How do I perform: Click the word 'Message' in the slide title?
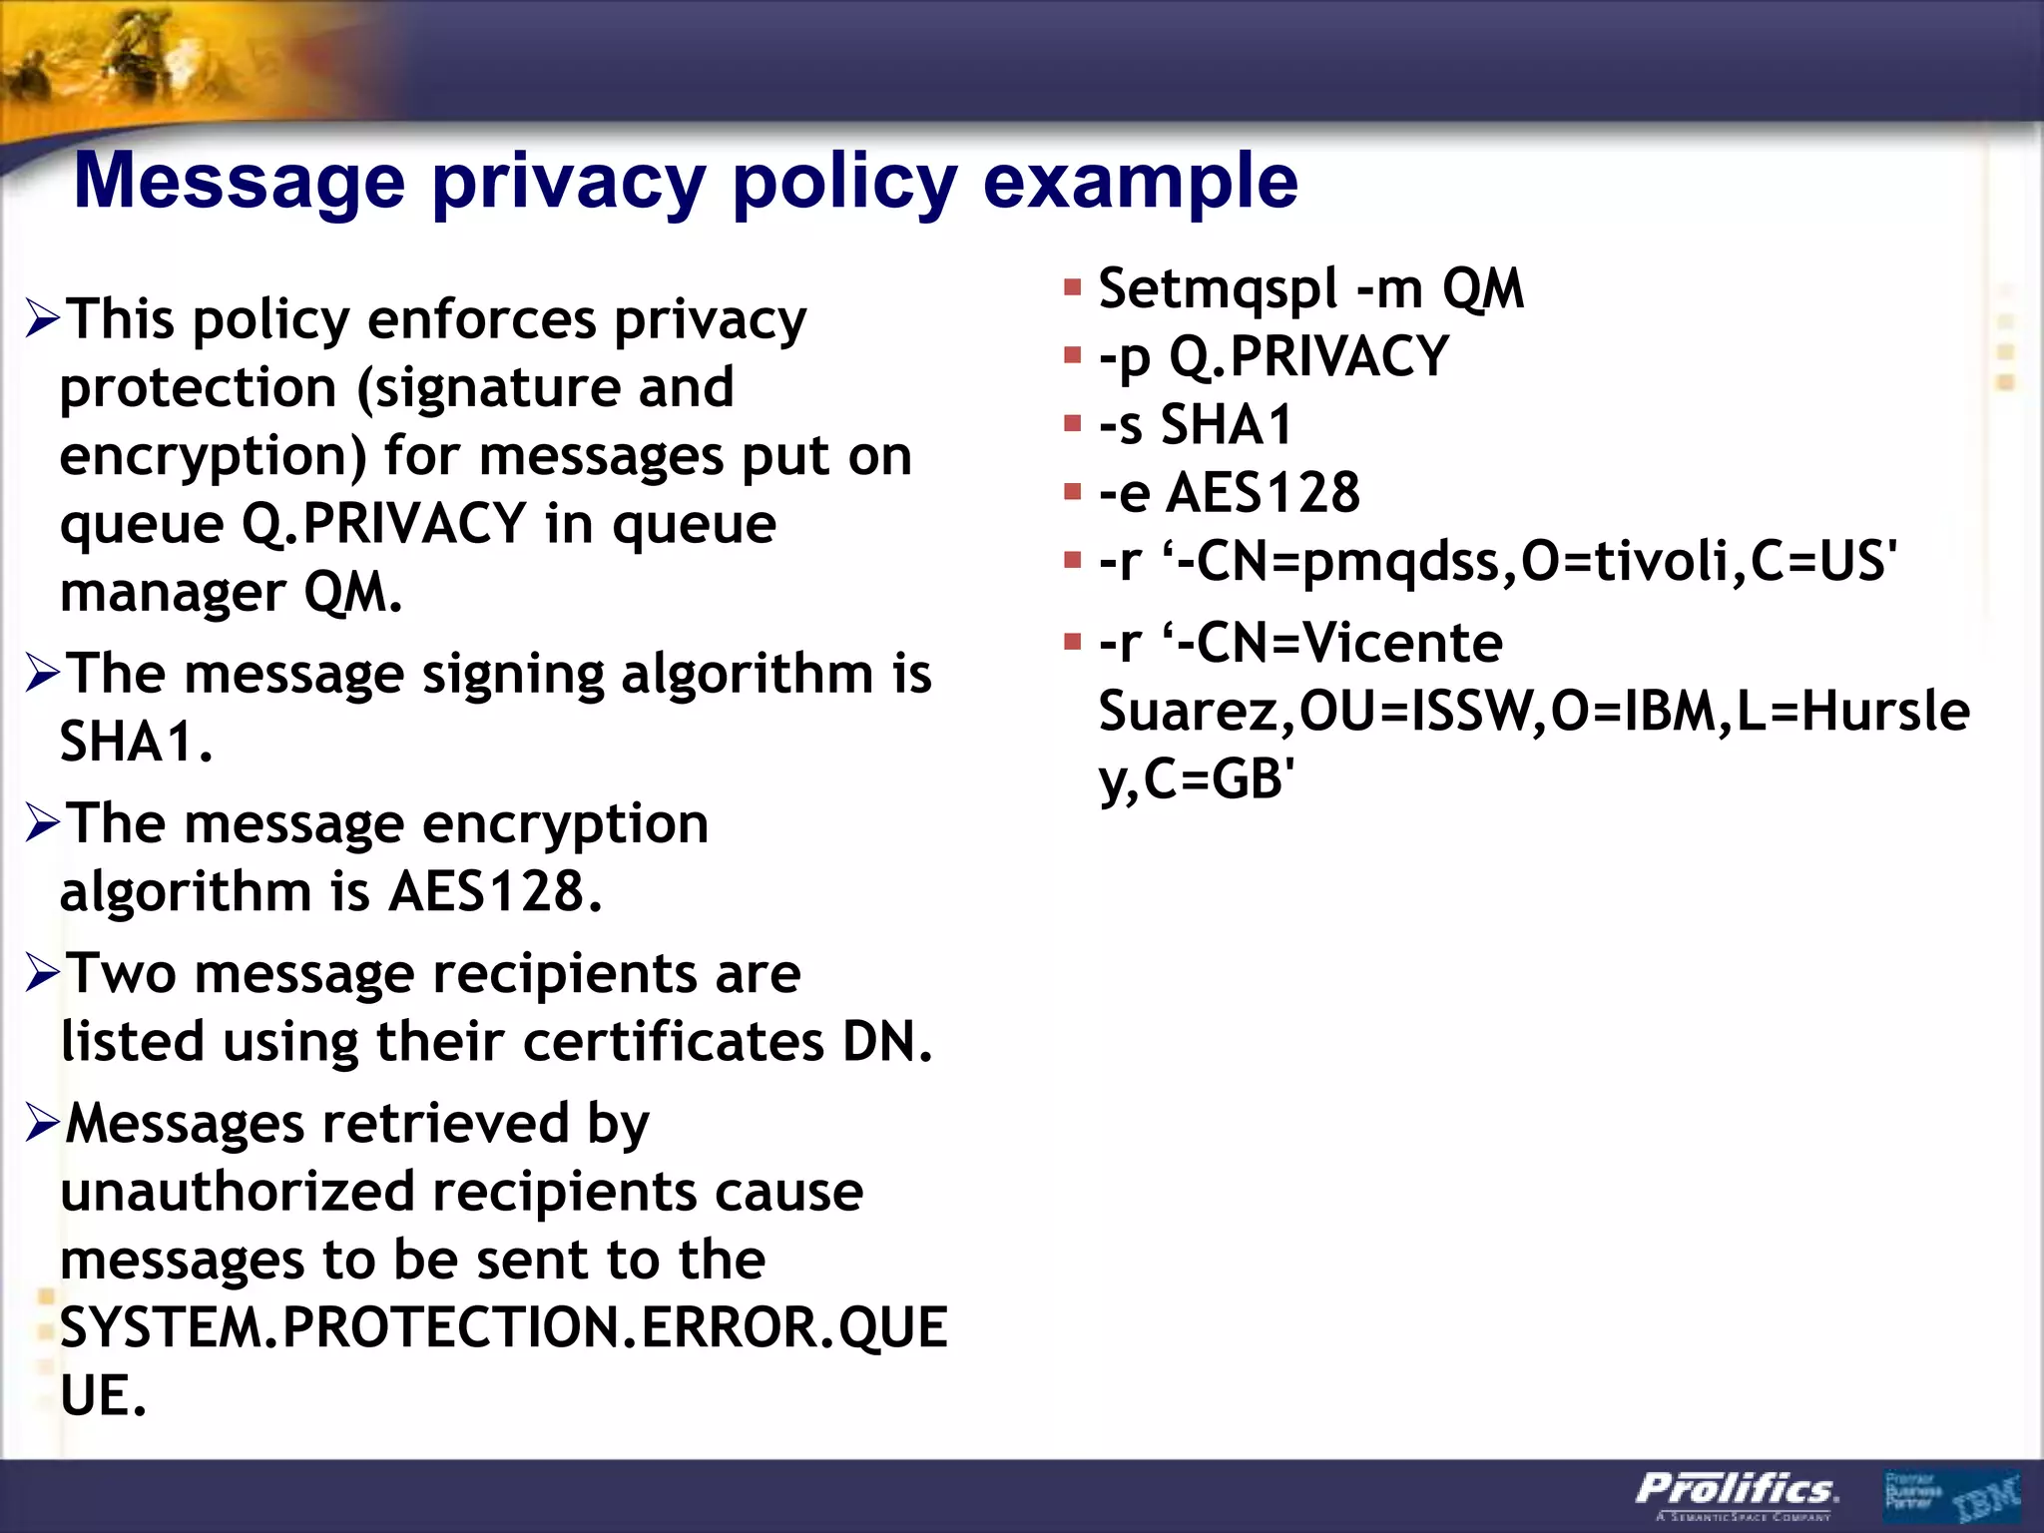pyautogui.click(x=240, y=182)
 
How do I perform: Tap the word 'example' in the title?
pyautogui.click(x=1140, y=182)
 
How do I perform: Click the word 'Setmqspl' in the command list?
pyautogui.click(x=1218, y=289)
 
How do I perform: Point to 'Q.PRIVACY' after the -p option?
pyautogui.click(x=1308, y=357)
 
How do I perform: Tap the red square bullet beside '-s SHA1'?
pyautogui.click(x=1073, y=424)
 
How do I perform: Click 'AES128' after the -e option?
pyautogui.click(x=1263, y=493)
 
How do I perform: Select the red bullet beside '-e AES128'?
pyautogui.click(x=1073, y=492)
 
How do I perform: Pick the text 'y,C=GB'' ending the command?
pyautogui.click(x=1197, y=779)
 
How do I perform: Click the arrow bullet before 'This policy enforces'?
pyautogui.click(x=43, y=319)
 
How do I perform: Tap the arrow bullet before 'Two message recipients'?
pyautogui.click(x=43, y=973)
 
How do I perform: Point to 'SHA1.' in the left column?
pyautogui.click(x=137, y=743)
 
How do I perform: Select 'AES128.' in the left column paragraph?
pyautogui.click(x=496, y=891)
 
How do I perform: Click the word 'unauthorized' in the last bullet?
pyautogui.click(x=238, y=1192)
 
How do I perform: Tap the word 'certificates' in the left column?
pyautogui.click(x=674, y=1042)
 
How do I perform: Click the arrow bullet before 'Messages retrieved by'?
pyautogui.click(x=43, y=1124)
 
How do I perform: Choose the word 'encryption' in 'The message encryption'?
pyautogui.click(x=565, y=824)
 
